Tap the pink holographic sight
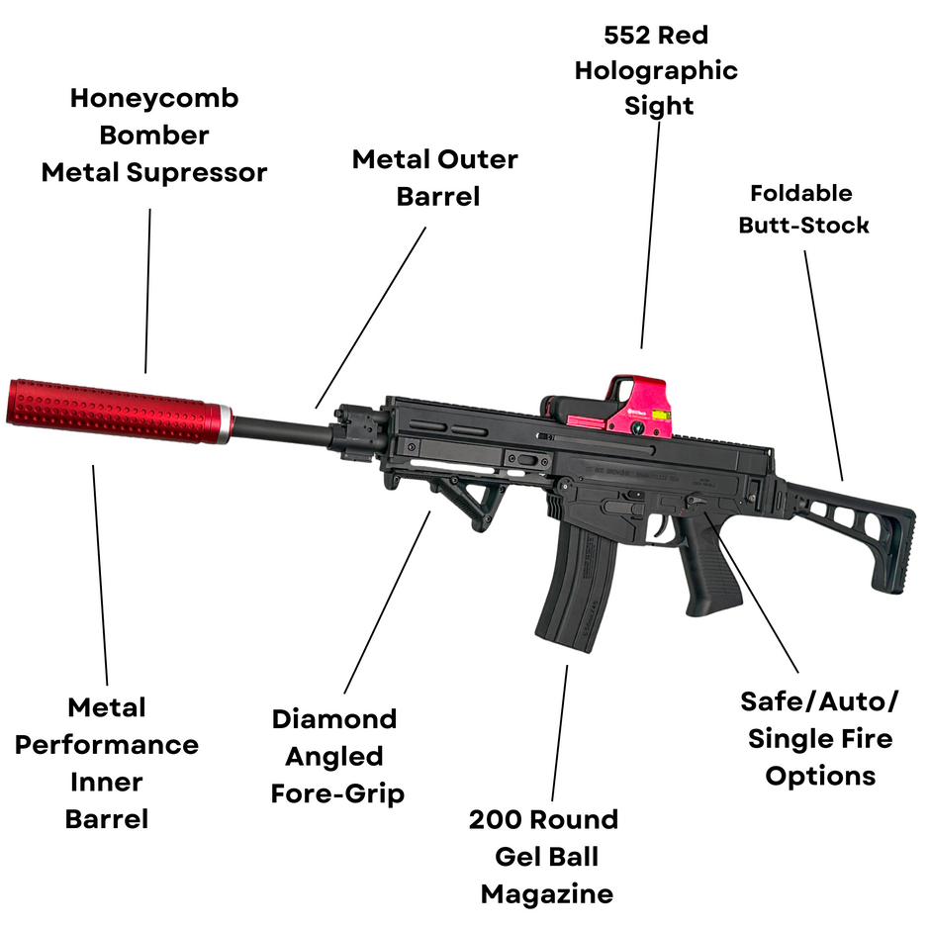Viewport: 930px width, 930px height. [639, 406]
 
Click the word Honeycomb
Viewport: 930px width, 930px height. [154, 98]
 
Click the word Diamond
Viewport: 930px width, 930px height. [334, 718]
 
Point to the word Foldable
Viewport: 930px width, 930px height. [800, 193]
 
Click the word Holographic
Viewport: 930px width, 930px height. [656, 70]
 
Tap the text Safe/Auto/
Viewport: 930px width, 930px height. [819, 701]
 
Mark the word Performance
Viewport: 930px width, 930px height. [107, 744]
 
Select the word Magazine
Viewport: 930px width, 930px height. [547, 894]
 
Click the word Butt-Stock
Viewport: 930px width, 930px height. [803, 225]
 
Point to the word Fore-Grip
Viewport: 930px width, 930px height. [337, 792]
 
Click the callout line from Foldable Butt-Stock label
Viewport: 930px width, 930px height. [823, 366]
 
